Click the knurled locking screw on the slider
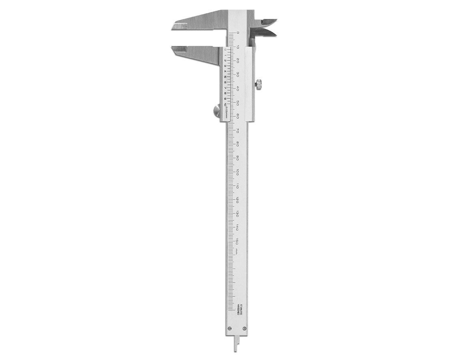pos(259,84)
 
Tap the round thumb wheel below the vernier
pos(216,111)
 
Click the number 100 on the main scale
pos(238,172)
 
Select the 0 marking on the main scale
pos(238,33)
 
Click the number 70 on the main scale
pos(238,130)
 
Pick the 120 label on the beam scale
pos(238,200)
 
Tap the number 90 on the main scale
pos(238,158)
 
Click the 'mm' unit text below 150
pos(237,252)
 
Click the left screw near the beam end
pos(229,328)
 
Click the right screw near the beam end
pos(244,328)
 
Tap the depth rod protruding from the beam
pos(236,344)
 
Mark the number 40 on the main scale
pos(238,88)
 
